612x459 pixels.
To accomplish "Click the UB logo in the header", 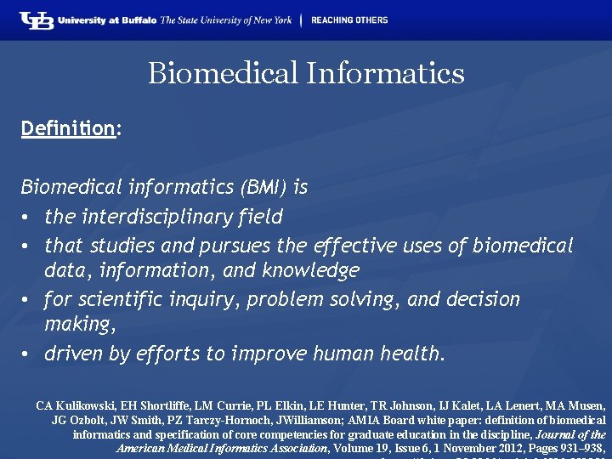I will [37, 20].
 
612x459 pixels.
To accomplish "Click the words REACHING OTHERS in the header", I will [349, 20].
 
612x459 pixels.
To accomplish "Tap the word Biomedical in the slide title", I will [222, 73].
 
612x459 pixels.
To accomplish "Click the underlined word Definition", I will [68, 129].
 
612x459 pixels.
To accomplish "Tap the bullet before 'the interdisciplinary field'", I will [28, 218].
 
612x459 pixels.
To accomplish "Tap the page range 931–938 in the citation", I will [581, 447].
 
